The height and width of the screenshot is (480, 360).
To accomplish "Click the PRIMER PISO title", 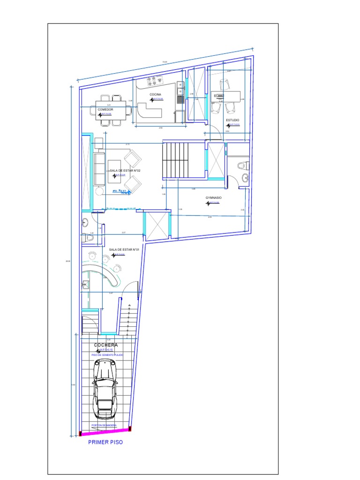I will coord(105,442).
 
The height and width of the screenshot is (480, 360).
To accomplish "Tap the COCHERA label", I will coord(106,345).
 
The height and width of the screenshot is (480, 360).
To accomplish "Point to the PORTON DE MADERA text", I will coord(104,425).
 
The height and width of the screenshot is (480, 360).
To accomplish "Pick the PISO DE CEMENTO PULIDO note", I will coord(107,355).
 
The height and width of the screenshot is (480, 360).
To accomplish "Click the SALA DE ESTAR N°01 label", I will coord(125,250).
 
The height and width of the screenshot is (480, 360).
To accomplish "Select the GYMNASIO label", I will coord(214,198).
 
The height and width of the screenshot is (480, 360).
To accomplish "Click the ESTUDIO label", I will coord(232,120).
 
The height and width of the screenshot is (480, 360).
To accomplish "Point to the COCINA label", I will coord(156,95).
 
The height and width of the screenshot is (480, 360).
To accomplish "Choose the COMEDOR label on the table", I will coord(105,109).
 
